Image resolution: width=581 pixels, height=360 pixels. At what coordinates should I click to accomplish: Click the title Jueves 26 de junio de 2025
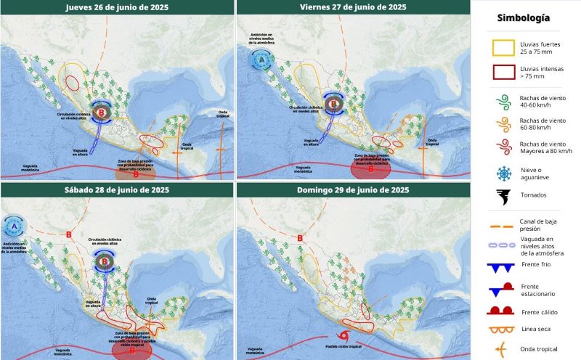click(117, 7)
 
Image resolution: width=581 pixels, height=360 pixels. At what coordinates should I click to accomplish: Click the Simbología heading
click(523, 17)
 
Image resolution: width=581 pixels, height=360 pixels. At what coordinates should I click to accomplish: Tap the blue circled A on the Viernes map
click(260, 61)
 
